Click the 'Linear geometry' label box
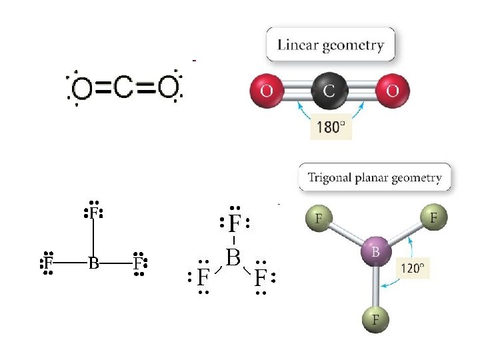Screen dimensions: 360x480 [331, 45]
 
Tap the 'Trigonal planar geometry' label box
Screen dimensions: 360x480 [375, 178]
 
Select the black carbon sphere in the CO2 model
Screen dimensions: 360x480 [329, 90]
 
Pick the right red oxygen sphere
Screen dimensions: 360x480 [393, 90]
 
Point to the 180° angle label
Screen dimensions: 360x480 [331, 126]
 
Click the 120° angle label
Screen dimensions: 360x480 [413, 269]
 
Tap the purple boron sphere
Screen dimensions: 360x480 [376, 252]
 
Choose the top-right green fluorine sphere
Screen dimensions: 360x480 [433, 217]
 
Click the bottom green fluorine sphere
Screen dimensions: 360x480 [376, 319]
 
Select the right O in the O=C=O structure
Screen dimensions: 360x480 [167, 87]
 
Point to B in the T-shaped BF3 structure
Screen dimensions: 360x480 [93, 263]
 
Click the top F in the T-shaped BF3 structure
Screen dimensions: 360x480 [93, 213]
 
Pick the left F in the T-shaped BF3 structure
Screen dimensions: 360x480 [48, 263]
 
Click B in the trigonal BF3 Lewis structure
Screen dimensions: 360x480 [233, 257]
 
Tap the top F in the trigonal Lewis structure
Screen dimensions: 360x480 [233, 223]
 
